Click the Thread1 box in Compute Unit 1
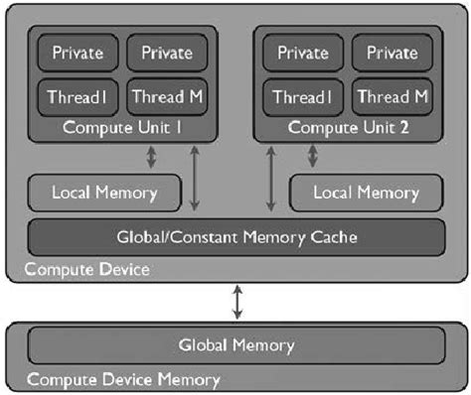coord(77,97)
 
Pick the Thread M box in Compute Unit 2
coord(391,97)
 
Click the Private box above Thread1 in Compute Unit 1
coord(77,52)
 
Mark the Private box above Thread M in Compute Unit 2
coord(391,52)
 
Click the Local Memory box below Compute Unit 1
coord(106,192)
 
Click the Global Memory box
coord(235,345)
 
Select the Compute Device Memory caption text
coord(124,379)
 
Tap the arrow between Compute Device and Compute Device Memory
coord(237,301)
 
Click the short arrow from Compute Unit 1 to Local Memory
coord(151,156)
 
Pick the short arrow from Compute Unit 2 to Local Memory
coord(320,156)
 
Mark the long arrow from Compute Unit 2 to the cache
coord(271,178)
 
